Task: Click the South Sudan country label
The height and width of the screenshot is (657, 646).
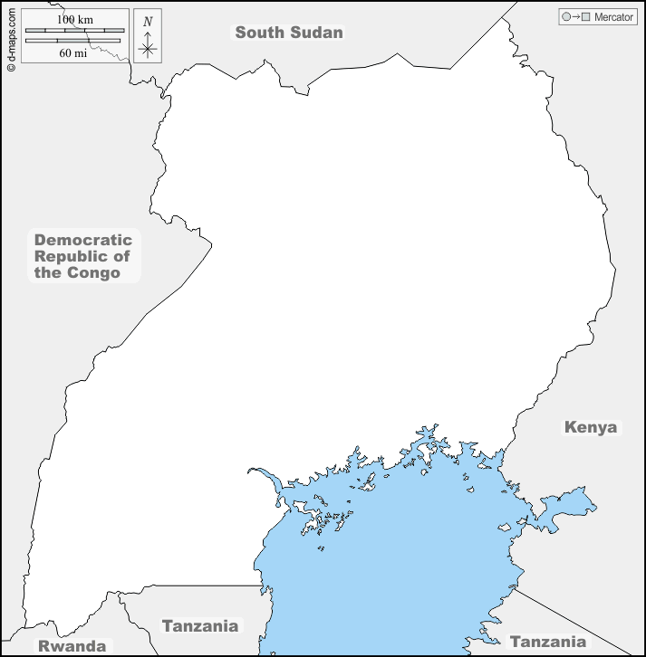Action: tap(289, 33)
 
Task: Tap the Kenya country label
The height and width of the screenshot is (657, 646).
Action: tap(590, 427)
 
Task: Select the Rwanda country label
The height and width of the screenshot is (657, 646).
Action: tap(71, 646)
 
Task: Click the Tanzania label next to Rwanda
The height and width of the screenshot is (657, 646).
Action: tap(199, 625)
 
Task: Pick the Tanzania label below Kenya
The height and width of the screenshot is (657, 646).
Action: tap(547, 642)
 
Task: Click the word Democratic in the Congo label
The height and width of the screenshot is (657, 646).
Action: tap(83, 240)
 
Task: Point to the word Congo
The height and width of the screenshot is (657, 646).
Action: tap(94, 272)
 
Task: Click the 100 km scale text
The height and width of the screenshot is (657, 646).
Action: tap(73, 19)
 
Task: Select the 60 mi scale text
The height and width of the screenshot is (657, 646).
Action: tap(73, 52)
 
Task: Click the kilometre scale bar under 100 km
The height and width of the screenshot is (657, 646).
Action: tap(74, 31)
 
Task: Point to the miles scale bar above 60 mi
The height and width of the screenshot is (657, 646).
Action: tap(74, 41)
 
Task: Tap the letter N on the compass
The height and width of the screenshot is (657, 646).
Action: tap(148, 21)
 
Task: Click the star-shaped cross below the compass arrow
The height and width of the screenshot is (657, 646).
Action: tap(148, 49)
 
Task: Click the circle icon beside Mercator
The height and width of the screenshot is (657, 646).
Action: tap(566, 17)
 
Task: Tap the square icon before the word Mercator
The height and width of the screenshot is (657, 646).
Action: tap(586, 17)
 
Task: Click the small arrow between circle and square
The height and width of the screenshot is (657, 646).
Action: tap(576, 17)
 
